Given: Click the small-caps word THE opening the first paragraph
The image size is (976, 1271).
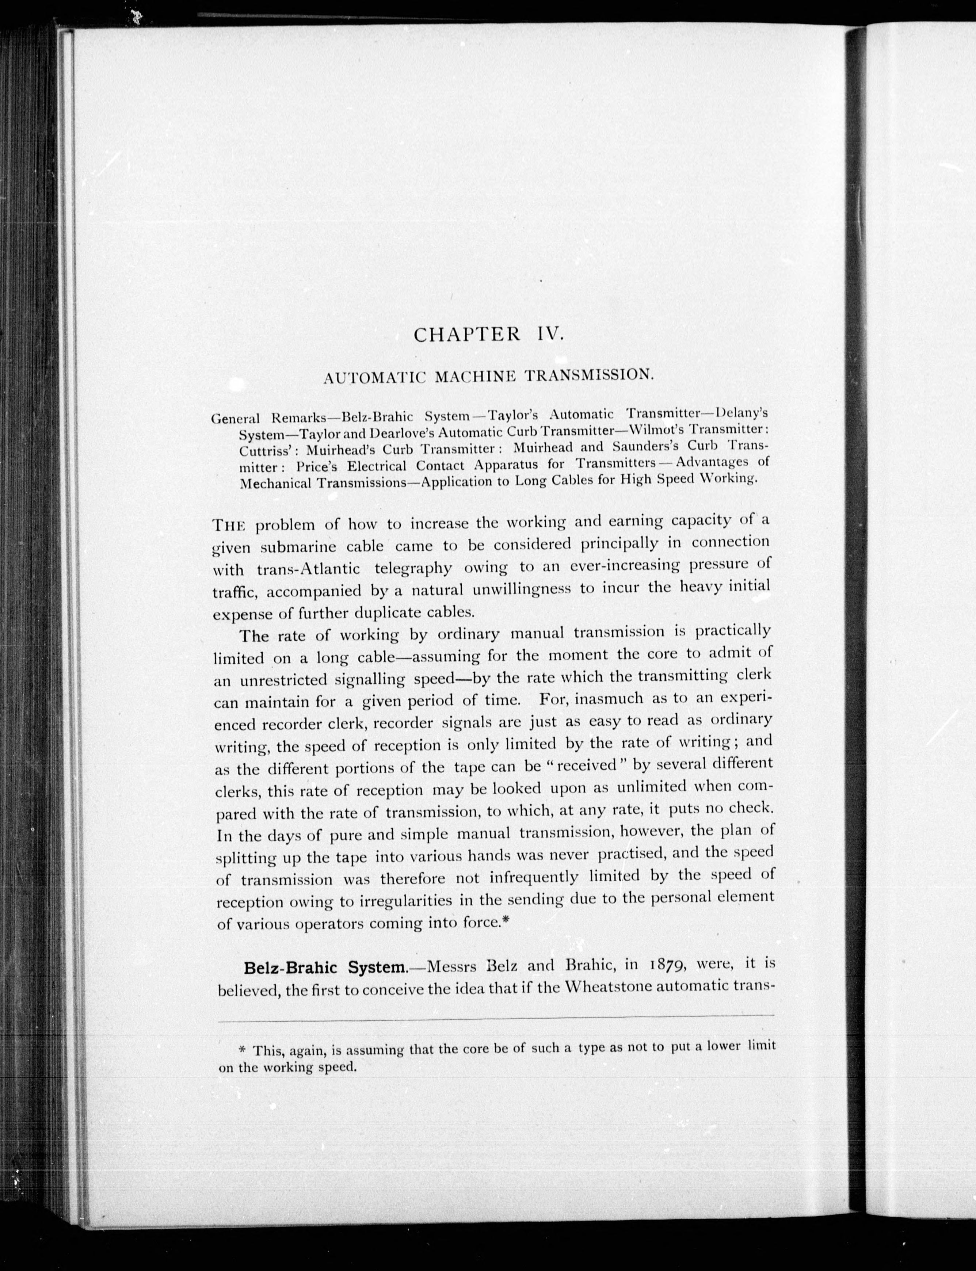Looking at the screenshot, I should (x=229, y=526).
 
